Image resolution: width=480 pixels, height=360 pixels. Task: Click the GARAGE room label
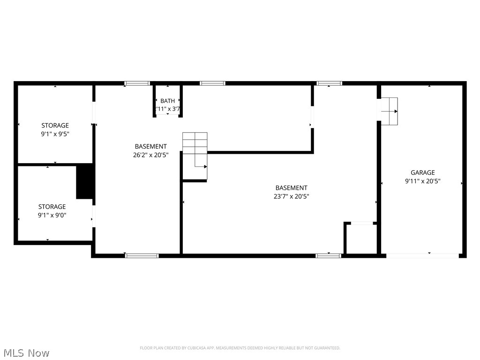click(x=422, y=172)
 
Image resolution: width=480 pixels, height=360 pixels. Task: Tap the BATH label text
click(x=167, y=101)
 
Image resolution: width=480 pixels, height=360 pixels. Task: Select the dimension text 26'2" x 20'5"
click(x=150, y=155)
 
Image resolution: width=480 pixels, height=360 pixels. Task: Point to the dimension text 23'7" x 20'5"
click(x=291, y=196)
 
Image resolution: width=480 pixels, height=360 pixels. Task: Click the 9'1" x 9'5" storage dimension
click(x=55, y=134)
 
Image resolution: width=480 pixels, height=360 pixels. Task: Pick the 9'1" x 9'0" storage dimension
click(x=52, y=215)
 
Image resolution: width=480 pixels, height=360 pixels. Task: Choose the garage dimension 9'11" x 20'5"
click(x=422, y=181)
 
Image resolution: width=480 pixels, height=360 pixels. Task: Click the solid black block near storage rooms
click(x=85, y=181)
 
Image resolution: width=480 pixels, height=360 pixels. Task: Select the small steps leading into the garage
click(x=389, y=111)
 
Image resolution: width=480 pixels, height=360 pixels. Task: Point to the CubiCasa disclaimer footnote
click(x=240, y=348)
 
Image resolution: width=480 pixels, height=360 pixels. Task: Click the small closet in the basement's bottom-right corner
click(x=360, y=239)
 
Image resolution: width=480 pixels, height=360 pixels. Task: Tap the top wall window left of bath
click(x=137, y=83)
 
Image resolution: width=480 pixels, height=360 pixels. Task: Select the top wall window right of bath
click(x=212, y=83)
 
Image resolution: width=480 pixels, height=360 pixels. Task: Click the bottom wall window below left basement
click(x=142, y=255)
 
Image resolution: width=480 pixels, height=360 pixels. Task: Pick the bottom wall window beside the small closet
click(x=328, y=255)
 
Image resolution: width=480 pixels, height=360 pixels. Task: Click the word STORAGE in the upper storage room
click(x=55, y=125)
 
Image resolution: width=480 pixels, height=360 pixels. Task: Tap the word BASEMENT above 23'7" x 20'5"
click(x=291, y=188)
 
